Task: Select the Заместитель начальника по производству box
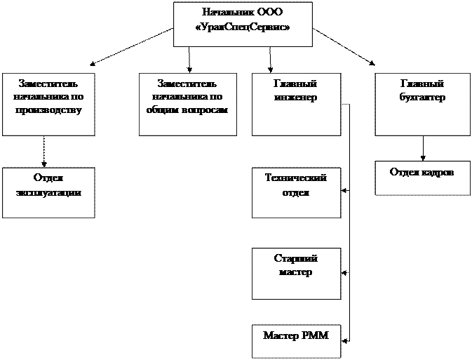[48, 104]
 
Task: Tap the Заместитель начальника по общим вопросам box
[184, 104]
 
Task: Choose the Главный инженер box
[296, 104]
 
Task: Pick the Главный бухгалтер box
[422, 104]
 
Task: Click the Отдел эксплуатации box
[48, 193]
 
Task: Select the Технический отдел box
[296, 193]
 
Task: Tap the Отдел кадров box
[422, 178]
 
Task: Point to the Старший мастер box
[296, 272]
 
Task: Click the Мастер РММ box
[296, 341]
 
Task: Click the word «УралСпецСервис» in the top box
[243, 27]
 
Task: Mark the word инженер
[296, 98]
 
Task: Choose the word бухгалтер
[422, 98]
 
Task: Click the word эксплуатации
[48, 192]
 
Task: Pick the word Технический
[296, 178]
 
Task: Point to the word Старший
[296, 258]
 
